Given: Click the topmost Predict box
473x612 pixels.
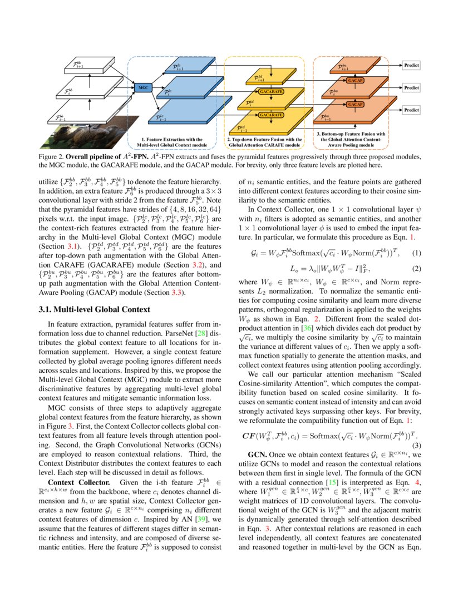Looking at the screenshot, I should (411, 65).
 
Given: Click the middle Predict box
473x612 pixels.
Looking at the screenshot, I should (411, 88).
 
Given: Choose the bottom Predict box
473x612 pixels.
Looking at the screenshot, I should (411, 110).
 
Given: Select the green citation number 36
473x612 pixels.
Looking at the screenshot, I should (306, 328).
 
